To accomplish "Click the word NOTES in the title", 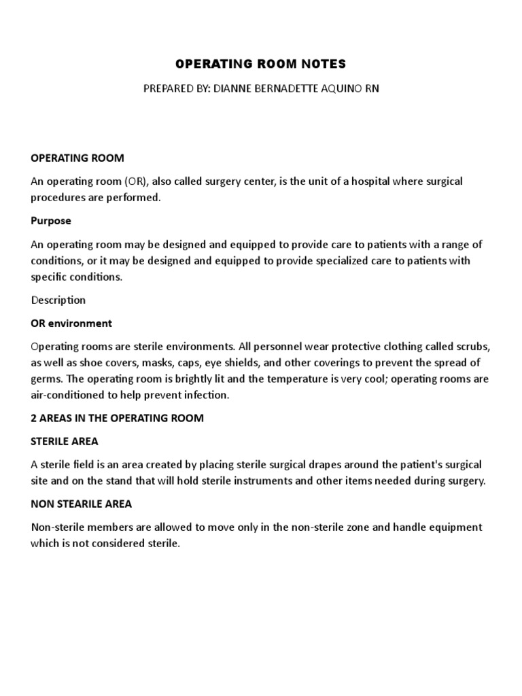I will (x=324, y=65).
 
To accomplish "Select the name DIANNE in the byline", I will (x=234, y=89).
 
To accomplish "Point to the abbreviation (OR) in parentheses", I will (x=137, y=181).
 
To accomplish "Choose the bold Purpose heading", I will (x=51, y=221).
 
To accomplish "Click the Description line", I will (x=58, y=300).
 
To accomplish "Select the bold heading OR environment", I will (x=71, y=323).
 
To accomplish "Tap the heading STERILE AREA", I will (x=65, y=441).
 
